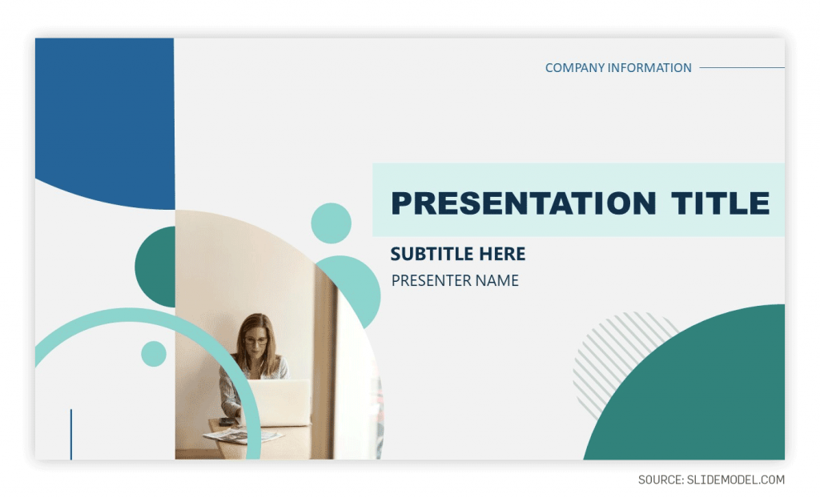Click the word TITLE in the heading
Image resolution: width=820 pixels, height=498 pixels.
coord(721,203)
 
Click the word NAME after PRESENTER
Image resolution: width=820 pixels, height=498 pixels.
coord(497,281)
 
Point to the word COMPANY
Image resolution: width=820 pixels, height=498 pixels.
coord(574,68)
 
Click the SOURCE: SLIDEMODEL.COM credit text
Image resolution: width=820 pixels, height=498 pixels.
coord(711,480)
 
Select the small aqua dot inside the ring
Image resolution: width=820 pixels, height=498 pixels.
coord(154,354)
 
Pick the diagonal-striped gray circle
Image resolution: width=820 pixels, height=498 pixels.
coord(617,352)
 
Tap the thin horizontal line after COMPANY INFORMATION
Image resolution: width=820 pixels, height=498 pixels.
coord(742,68)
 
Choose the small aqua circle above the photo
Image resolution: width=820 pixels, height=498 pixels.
coord(331,223)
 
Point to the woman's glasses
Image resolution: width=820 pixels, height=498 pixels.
coord(255,341)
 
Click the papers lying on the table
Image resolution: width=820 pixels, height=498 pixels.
coord(231,436)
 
